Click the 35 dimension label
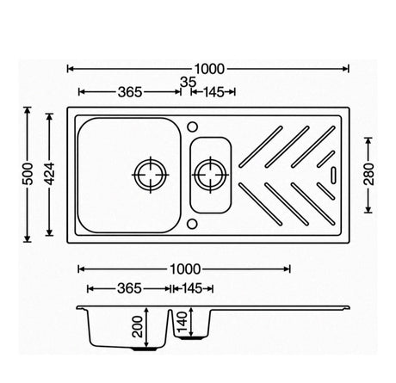[x=188, y=83]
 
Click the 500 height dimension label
[x=28, y=174]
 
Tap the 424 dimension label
[x=50, y=174]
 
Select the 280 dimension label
[x=368, y=174]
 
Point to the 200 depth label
[x=138, y=326]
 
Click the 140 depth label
[x=183, y=321]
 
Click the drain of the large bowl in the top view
[x=151, y=175]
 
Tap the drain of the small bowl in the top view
[x=211, y=175]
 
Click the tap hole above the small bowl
[x=192, y=127]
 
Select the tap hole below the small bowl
[x=192, y=224]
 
